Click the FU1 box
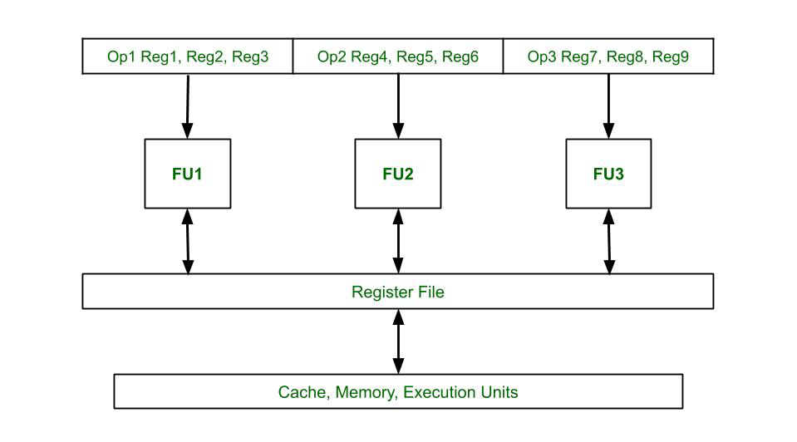point(188,174)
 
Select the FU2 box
point(398,174)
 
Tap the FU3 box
point(608,174)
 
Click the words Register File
point(397,292)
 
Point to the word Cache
point(302,392)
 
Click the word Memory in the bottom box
point(364,392)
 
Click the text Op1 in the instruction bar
point(120,57)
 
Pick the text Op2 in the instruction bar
point(331,57)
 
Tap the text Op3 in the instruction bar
point(541,57)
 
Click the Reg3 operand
point(250,57)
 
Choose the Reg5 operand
point(415,57)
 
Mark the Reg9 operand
point(671,57)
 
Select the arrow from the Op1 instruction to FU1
point(188,106)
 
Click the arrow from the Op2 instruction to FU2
point(398,106)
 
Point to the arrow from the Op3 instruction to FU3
point(608,106)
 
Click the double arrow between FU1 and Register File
point(188,241)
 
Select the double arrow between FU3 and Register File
point(609,241)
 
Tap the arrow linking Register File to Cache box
point(398,341)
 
